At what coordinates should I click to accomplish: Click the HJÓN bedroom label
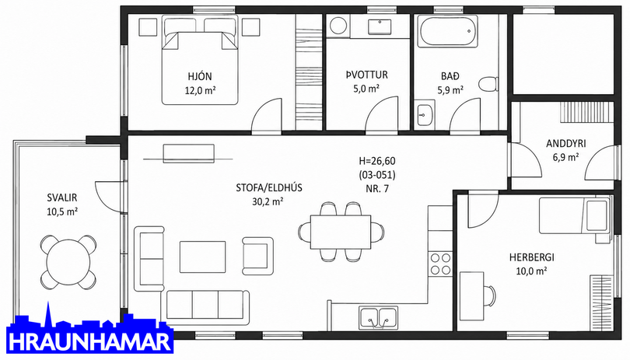click(200, 76)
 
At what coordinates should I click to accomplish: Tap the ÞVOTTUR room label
click(367, 75)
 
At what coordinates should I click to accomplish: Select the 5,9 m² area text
click(450, 90)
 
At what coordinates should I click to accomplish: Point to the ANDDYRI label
click(565, 143)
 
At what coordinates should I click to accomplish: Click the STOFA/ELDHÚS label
click(269, 187)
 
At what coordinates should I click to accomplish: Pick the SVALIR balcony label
click(62, 197)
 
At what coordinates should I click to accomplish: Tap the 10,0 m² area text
click(531, 271)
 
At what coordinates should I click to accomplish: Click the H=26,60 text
click(377, 161)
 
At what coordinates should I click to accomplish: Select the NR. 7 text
click(377, 189)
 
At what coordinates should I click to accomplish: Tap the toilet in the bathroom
click(488, 83)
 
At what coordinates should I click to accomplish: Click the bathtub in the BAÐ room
click(447, 31)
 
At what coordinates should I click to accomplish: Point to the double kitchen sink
click(379, 318)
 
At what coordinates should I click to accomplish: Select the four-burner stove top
click(440, 264)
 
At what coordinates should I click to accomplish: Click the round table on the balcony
click(68, 262)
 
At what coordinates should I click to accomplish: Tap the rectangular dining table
click(341, 232)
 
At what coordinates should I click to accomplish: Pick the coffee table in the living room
click(202, 257)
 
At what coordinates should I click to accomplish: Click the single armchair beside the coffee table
click(258, 253)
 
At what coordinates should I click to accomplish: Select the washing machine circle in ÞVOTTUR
click(338, 26)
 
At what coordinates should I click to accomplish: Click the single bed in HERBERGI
click(574, 215)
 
